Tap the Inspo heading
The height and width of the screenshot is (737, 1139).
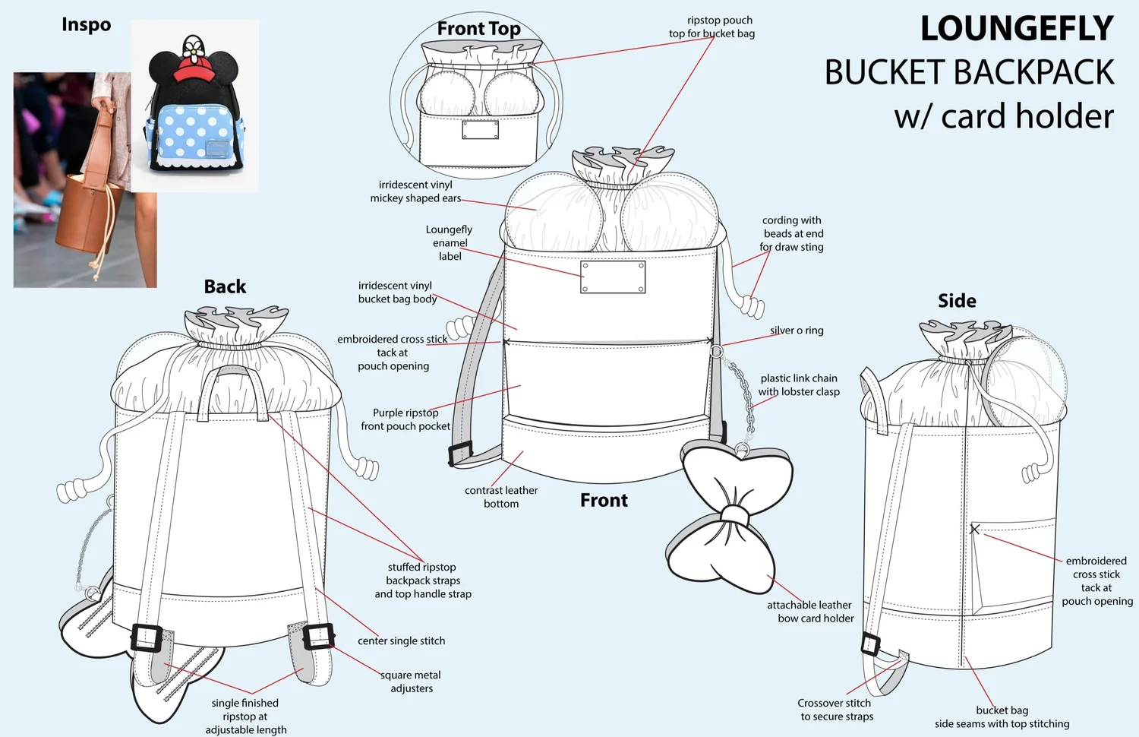(86, 25)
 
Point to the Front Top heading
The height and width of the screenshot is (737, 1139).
(478, 29)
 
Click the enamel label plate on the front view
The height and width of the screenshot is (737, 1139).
(613, 277)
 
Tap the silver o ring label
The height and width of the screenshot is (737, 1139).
(797, 331)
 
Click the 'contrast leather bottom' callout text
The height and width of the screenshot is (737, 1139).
(501, 497)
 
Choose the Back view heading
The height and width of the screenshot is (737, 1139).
(225, 286)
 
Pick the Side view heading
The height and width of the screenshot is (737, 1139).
(957, 301)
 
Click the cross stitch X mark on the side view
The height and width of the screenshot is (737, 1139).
(975, 529)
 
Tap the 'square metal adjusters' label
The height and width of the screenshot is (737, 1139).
(411, 682)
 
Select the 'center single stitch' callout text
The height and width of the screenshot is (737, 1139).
(401, 641)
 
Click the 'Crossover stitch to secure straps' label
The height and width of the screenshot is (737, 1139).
(835, 710)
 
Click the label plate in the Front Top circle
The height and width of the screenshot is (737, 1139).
(481, 130)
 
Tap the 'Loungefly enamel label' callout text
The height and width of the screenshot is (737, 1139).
(450, 242)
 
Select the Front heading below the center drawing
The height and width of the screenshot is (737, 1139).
(604, 500)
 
